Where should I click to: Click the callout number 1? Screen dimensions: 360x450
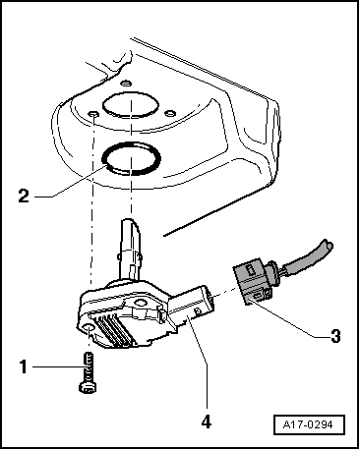coord(23,366)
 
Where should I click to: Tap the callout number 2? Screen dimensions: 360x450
coord(24,197)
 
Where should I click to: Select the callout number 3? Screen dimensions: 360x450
coord(335,336)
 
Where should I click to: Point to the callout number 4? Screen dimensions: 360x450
coord(207,422)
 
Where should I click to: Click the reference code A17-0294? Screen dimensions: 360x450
coord(308,424)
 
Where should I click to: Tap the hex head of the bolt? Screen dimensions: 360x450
coord(88,387)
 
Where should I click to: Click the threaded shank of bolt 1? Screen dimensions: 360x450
coord(89,366)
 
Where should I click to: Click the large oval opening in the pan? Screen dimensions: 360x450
coord(131,104)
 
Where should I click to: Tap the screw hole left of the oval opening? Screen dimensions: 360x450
coord(93,114)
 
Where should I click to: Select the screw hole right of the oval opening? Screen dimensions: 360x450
coord(169,113)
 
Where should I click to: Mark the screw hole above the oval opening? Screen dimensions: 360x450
coord(126,83)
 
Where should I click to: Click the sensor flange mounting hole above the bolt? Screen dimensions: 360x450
coord(88,329)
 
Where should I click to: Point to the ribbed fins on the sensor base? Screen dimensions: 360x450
coord(114,330)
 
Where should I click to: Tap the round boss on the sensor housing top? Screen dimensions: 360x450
coord(141,303)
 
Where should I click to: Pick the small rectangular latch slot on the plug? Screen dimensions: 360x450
coord(251,270)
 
